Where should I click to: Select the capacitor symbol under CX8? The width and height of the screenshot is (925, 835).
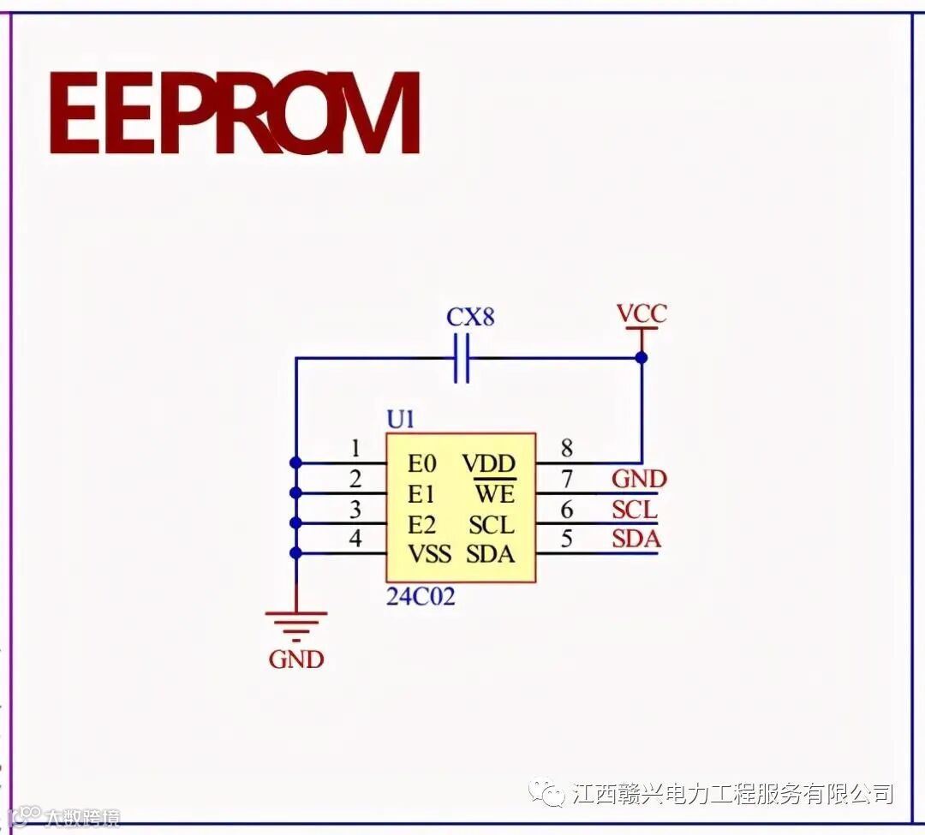click(x=462, y=358)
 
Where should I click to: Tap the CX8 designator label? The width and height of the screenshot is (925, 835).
click(x=470, y=318)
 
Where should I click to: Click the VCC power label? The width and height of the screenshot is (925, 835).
click(x=642, y=313)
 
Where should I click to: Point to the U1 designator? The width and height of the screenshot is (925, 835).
click(x=401, y=420)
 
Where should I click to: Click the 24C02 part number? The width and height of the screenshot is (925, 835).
click(x=421, y=597)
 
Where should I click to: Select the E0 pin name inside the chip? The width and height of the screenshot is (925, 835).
click(x=421, y=464)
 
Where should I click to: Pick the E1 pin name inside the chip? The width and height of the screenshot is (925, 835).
click(x=421, y=494)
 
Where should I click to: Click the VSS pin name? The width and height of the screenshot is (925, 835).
click(x=429, y=554)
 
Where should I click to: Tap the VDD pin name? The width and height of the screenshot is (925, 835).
click(x=489, y=464)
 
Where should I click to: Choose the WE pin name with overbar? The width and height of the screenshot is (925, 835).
click(x=495, y=494)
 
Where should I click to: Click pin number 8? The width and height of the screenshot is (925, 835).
click(x=566, y=448)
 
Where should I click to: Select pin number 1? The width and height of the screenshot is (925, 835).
click(x=355, y=448)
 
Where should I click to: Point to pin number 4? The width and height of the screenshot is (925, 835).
click(x=355, y=539)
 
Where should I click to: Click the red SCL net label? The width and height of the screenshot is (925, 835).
click(x=635, y=510)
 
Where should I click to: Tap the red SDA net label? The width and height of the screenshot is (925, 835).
click(x=636, y=540)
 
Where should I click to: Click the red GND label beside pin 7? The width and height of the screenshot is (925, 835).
click(x=639, y=479)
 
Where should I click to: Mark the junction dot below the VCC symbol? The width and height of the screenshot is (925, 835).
click(x=642, y=358)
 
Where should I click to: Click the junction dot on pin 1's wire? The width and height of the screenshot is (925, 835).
click(x=295, y=462)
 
